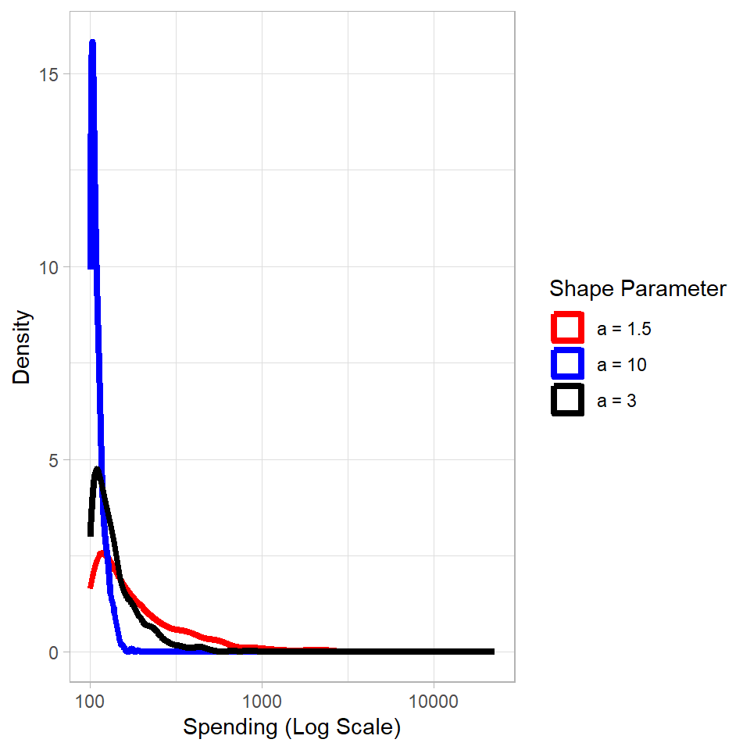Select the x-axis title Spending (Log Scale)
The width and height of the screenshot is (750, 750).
(291, 727)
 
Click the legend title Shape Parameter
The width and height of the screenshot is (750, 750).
(637, 288)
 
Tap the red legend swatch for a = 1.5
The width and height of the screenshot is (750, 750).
(567, 328)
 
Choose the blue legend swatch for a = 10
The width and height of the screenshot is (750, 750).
(567, 364)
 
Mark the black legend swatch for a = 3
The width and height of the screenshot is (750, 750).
(567, 400)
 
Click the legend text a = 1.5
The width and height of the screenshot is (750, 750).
(623, 329)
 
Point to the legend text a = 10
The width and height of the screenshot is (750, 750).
(621, 365)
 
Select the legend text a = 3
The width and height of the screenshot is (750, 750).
(616, 401)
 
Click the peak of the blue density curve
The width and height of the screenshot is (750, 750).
(92, 42)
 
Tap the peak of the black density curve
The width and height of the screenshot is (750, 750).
(98, 470)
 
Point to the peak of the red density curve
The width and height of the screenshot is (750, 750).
(102, 554)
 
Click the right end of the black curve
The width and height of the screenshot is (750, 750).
(492, 652)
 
